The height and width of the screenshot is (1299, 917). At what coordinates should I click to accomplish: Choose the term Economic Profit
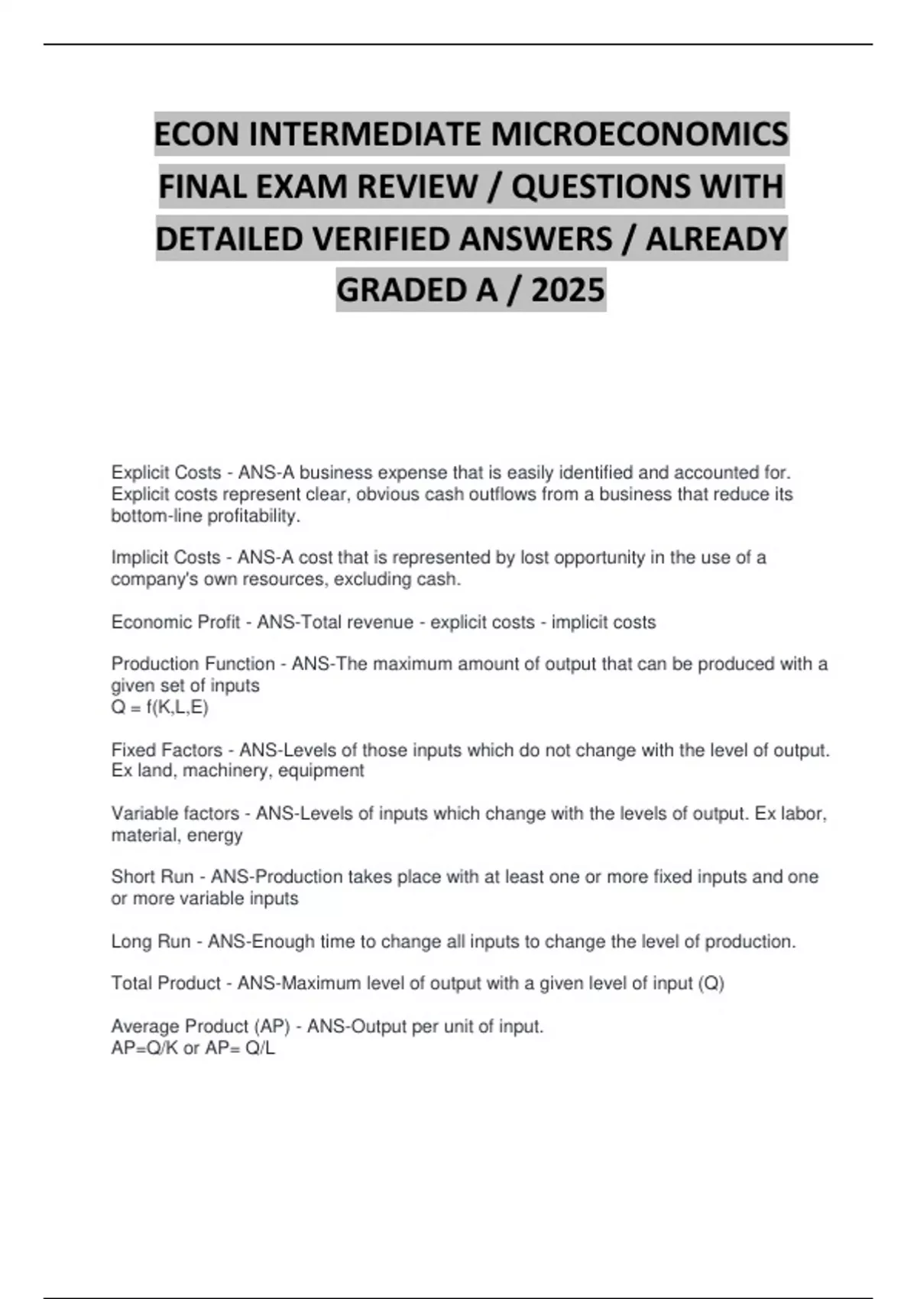(176, 623)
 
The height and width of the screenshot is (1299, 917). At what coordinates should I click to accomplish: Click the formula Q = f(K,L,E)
(160, 708)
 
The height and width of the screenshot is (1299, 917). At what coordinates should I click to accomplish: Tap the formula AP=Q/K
(144, 1048)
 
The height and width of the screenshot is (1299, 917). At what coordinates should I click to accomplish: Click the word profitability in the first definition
(259, 517)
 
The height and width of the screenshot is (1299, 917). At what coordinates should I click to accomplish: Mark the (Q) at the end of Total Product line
(711, 983)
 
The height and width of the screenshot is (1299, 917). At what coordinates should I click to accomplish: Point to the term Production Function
(193, 664)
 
